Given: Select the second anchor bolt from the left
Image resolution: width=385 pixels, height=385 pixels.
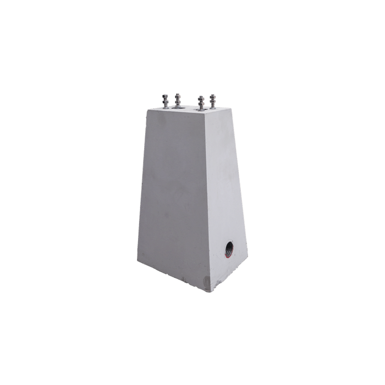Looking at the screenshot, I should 178,101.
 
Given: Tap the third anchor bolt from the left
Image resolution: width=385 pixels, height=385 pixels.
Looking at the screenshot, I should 201,103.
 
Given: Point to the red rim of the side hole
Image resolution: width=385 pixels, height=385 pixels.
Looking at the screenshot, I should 225,254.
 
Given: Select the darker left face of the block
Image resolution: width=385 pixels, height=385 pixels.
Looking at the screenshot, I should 170,193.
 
